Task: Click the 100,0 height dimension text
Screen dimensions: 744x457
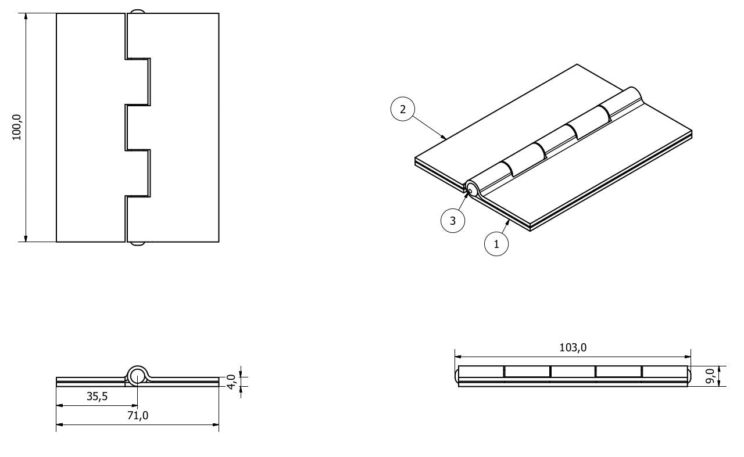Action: tap(17, 127)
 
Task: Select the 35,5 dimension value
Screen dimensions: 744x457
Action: tap(97, 396)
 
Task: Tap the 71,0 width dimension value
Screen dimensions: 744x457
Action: tap(138, 415)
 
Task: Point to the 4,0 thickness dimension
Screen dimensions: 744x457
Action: tap(231, 382)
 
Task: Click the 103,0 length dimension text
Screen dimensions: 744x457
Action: tap(573, 347)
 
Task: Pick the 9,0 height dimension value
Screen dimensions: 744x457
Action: tap(710, 376)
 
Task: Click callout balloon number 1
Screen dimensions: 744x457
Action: tap(496, 244)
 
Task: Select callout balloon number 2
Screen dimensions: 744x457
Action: tap(403, 109)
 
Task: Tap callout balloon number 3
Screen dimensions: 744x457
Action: tap(453, 221)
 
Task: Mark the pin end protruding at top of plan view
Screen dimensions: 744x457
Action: tap(137, 12)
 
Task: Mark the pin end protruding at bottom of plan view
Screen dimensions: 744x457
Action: tap(137, 244)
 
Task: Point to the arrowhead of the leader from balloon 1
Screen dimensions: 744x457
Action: tap(507, 222)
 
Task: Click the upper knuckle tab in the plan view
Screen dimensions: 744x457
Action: tap(138, 82)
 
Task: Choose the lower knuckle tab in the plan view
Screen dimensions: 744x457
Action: tap(138, 173)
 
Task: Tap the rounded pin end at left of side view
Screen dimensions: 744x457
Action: tap(456, 376)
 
